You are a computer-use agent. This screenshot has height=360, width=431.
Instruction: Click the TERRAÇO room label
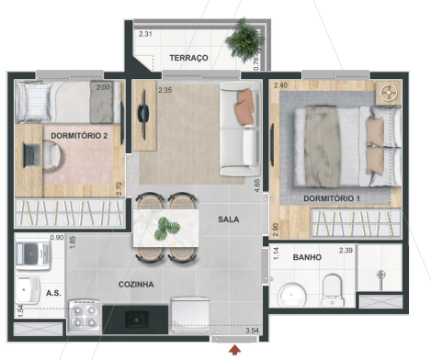pyautogui.click(x=189, y=58)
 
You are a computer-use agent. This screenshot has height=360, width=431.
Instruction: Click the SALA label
pyautogui.click(x=230, y=219)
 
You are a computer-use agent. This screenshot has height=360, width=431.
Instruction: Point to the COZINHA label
pyautogui.click(x=136, y=285)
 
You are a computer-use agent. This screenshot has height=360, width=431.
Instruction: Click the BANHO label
pyautogui.click(x=307, y=257)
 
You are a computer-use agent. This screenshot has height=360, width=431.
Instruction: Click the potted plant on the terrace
pyautogui.click(x=246, y=39)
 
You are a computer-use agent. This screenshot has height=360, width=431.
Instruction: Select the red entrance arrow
pyautogui.click(x=236, y=349)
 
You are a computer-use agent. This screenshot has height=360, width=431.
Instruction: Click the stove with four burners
pyautogui.click(x=88, y=317)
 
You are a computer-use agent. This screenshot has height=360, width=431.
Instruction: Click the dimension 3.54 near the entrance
pyautogui.click(x=253, y=331)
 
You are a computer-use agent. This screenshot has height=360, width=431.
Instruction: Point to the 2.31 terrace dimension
pyautogui.click(x=144, y=34)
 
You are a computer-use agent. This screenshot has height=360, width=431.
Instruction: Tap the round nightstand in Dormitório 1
pyautogui.click(x=386, y=93)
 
